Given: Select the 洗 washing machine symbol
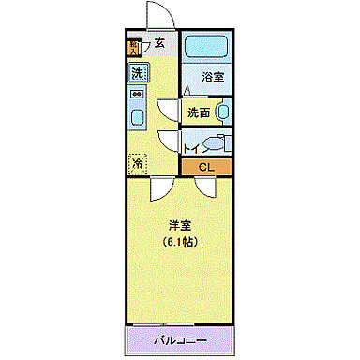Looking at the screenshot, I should click(137, 72).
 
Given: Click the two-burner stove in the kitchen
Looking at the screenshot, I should click(137, 94).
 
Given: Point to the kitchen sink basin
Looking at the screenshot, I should click(137, 118).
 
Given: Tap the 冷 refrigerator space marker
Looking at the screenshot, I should click(137, 161).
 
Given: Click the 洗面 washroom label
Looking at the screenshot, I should click(197, 112).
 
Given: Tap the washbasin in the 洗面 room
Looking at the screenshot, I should click(221, 112).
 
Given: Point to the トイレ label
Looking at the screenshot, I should click(195, 147).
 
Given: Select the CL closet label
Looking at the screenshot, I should click(206, 168).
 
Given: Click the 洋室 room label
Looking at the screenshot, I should click(179, 225).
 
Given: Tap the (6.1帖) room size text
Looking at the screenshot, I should click(179, 243).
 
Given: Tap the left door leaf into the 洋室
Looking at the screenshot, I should click(160, 187).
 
